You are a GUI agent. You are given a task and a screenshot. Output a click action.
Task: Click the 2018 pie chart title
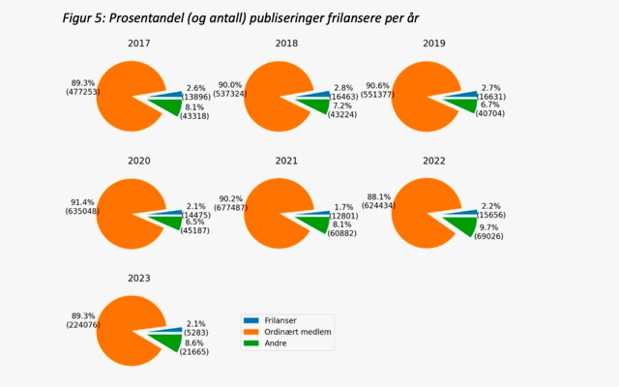pyautogui.click(x=285, y=44)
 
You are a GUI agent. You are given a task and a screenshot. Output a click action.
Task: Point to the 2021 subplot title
pyautogui.click(x=285, y=161)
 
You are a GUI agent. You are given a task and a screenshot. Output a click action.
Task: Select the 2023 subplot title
pyautogui.click(x=139, y=279)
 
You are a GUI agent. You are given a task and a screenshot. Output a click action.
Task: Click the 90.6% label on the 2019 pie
pyautogui.click(x=376, y=82)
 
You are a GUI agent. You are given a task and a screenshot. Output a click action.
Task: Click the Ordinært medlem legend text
pyautogui.click(x=302, y=331)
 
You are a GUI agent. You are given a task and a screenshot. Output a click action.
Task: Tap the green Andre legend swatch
pyautogui.click(x=251, y=342)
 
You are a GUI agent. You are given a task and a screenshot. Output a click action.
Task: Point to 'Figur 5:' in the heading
pyautogui.click(x=82, y=17)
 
